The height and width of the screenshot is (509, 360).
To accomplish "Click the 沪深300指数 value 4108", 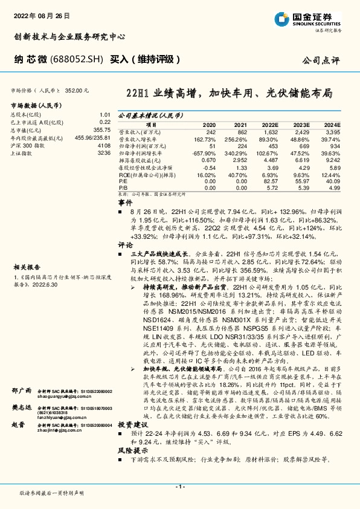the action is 104,145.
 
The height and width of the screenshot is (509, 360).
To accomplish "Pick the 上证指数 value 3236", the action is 104,154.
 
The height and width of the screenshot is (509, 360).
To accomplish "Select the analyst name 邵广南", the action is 20,375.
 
